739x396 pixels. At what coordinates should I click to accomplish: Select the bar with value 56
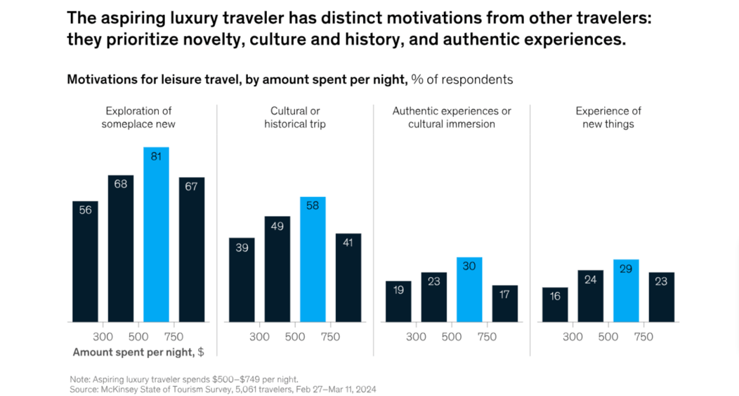(85, 262)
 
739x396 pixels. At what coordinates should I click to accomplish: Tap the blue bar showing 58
(313, 260)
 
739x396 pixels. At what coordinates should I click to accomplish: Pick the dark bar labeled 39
(242, 280)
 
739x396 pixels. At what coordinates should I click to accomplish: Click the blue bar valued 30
(469, 290)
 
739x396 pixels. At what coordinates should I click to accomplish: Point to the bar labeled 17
(504, 304)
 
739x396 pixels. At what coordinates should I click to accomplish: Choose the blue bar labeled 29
(626, 290)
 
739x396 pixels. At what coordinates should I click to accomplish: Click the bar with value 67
(192, 250)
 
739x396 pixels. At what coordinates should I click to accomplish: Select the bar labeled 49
(277, 269)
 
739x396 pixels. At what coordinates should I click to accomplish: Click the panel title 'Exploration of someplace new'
(138, 117)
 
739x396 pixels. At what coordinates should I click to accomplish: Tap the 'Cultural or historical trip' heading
(295, 117)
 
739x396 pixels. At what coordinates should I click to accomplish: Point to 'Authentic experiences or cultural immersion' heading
(452, 117)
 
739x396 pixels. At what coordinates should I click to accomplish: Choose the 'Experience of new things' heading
(608, 117)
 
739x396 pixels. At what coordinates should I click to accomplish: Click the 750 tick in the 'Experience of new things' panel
(643, 337)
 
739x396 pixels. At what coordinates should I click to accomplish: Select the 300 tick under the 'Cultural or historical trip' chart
(260, 337)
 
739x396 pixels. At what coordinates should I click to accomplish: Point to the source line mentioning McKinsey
(223, 389)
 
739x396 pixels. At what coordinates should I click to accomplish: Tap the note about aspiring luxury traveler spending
(183, 379)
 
